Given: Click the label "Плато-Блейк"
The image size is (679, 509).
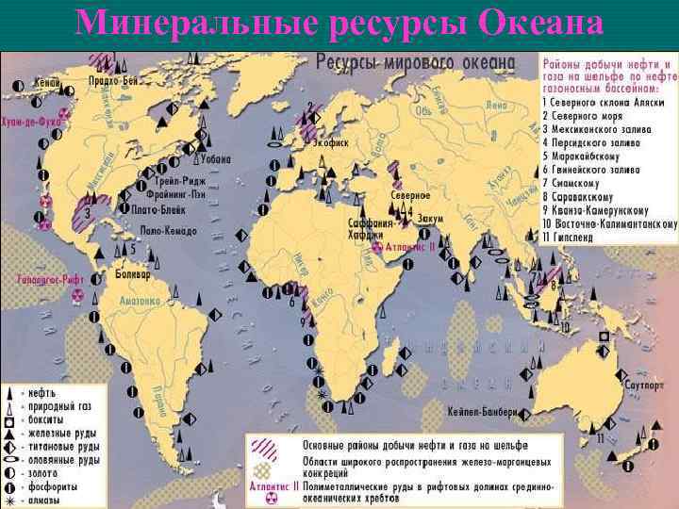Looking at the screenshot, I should click(x=157, y=210).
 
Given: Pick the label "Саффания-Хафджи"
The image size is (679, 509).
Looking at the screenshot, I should click(x=368, y=229).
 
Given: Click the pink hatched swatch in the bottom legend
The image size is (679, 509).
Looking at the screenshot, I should click(x=271, y=444).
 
